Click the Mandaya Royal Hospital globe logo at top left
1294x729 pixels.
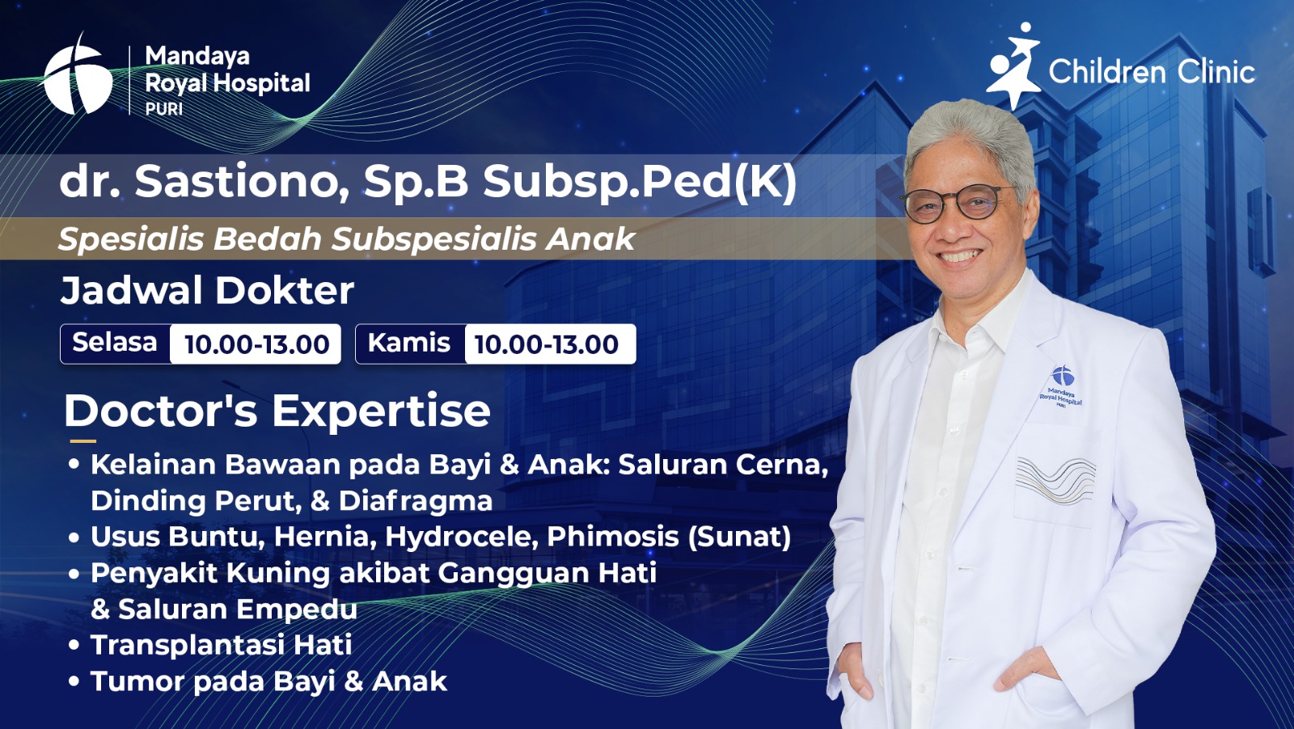coord(77,75)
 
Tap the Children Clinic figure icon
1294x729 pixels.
coord(1013,65)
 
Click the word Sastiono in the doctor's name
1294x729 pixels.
coord(242,182)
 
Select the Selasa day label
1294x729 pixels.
coord(115,343)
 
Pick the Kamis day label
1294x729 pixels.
coord(409,343)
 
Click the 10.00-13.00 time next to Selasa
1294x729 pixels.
coord(256,344)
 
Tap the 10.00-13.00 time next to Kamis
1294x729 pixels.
coord(547,344)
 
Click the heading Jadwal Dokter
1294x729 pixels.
coord(207,290)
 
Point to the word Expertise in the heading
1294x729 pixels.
coord(381,411)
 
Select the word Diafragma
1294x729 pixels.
coord(416,501)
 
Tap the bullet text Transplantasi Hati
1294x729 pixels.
coord(222,645)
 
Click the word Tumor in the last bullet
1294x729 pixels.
coord(137,681)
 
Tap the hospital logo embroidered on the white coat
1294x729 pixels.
coord(1060,386)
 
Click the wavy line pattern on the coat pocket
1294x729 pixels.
coord(1055,481)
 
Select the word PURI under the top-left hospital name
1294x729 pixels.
coord(164,108)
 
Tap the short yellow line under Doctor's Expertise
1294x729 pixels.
coord(82,441)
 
